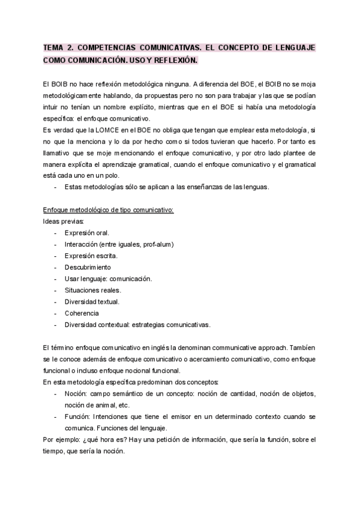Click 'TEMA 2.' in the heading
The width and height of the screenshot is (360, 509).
coord(58,47)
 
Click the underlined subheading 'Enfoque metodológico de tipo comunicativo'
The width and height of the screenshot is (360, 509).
coord(109,209)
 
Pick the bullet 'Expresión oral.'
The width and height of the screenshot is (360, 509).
coord(87,232)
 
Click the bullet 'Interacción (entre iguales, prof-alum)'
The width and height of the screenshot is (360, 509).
coord(120,244)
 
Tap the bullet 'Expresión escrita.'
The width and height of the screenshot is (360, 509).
coord(91,256)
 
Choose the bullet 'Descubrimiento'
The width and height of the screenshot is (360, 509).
coord(88,267)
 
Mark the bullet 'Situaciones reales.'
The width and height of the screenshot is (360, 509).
coord(92,290)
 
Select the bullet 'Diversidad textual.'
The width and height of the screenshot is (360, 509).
coord(92,301)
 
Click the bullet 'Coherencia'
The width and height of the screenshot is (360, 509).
coord(82,313)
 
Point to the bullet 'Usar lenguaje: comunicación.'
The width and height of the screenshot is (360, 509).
coord(108,279)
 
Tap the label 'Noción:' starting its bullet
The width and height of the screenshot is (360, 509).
coord(76,393)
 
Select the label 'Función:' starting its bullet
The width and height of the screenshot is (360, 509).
coord(78,417)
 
